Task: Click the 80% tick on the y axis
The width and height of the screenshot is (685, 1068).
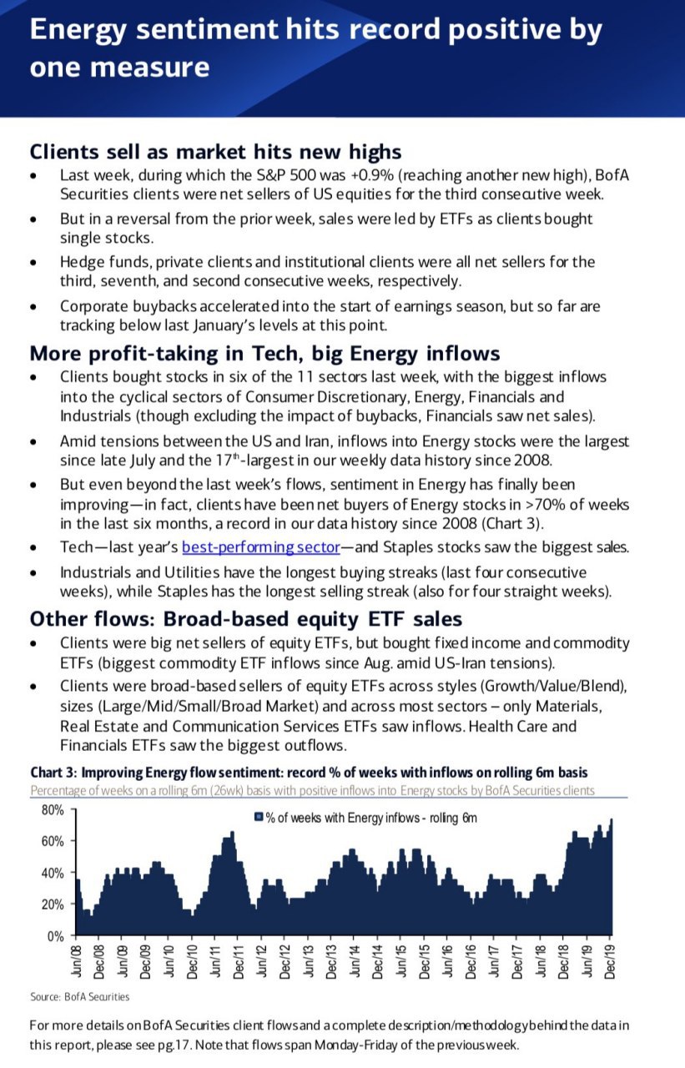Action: pos(52,809)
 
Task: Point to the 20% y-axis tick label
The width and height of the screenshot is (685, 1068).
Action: pos(52,904)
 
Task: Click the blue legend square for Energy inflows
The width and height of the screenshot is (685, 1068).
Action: pos(259,818)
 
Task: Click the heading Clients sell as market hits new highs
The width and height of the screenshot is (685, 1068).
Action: pos(215,152)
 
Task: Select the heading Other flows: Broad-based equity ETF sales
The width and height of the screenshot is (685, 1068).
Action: pos(244,619)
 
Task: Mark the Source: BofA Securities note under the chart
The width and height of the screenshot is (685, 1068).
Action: pos(80,996)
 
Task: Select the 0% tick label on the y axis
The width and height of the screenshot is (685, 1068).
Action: pos(55,935)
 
